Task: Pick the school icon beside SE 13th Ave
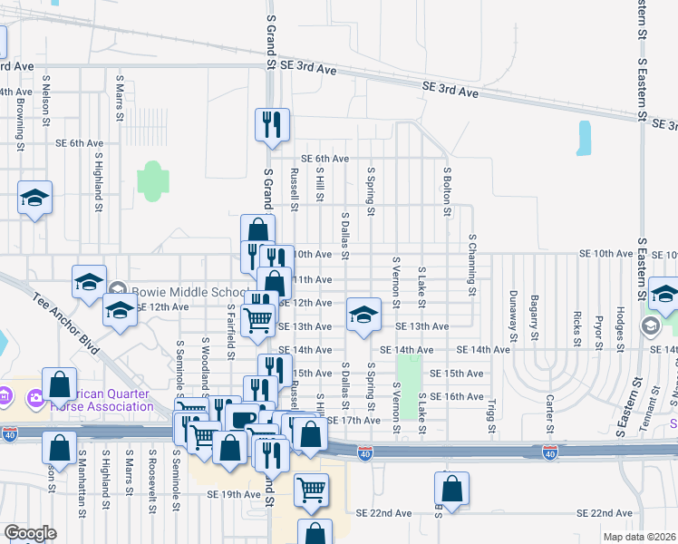[x=363, y=316]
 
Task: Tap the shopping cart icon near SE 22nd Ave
[x=311, y=490]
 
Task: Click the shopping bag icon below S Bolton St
[x=451, y=489]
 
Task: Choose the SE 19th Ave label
[x=233, y=494]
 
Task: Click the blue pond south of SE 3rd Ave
[x=584, y=137]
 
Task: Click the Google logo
[x=30, y=533]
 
